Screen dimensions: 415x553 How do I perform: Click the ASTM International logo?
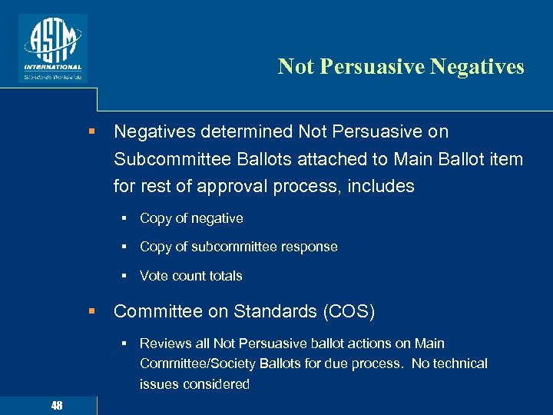tap(52, 47)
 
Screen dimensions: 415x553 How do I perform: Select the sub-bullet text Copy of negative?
tap(191, 218)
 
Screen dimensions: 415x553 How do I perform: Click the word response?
tap(306, 247)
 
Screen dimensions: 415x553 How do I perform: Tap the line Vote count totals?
tap(190, 276)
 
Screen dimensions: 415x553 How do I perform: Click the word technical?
tap(459, 364)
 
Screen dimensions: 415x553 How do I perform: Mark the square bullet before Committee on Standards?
tap(91, 311)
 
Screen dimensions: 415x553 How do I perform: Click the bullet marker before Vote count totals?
tap(124, 276)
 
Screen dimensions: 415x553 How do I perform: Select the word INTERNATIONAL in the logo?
tap(52, 67)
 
